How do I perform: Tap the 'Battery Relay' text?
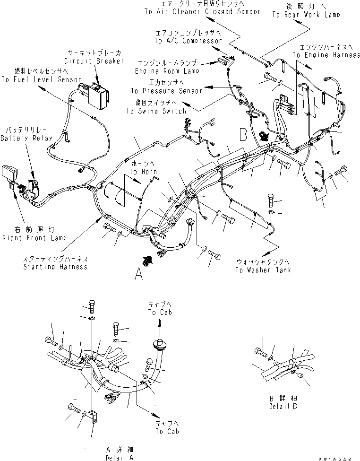click(x=24, y=138)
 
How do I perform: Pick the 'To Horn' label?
click(x=144, y=172)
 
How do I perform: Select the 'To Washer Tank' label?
click(x=263, y=270)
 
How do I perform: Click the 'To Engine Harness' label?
click(x=326, y=55)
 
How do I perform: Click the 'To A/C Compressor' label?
click(x=188, y=41)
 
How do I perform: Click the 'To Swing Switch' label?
click(x=156, y=111)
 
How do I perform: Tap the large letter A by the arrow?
click(x=138, y=275)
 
